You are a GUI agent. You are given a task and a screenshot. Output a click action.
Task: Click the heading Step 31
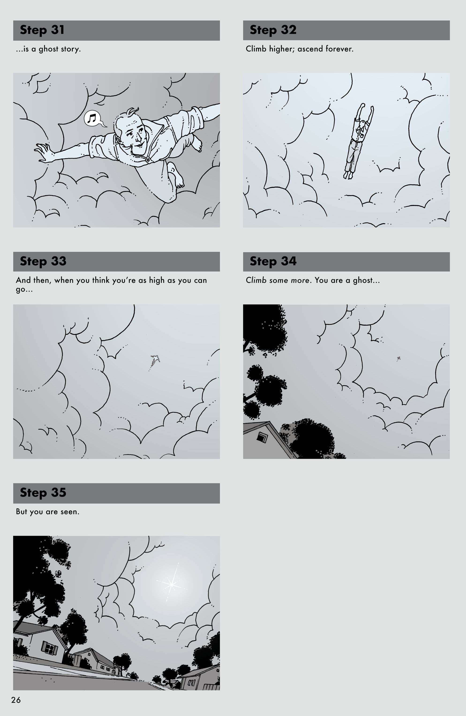click(x=42, y=30)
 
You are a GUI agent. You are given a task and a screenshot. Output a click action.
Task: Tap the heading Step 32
click(x=273, y=30)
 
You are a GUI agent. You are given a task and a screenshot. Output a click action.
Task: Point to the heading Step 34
click(x=273, y=261)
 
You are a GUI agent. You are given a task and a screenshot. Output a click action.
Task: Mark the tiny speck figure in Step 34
click(x=398, y=358)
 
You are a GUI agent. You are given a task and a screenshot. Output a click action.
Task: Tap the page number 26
click(x=16, y=700)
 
